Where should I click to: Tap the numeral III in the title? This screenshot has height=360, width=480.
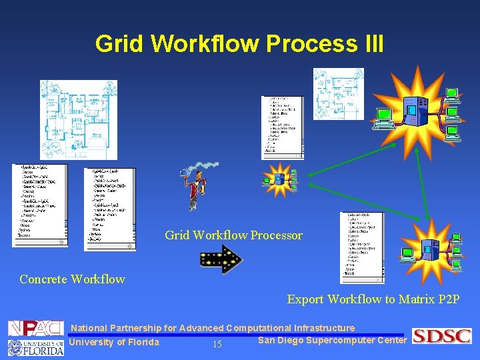[x=371, y=44]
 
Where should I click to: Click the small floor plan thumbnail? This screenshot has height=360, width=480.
[x=339, y=94]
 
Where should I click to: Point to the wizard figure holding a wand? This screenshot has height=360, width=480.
[x=196, y=187]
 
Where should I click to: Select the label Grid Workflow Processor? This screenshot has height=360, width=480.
[x=233, y=235]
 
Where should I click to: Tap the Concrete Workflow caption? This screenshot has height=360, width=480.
[x=72, y=279]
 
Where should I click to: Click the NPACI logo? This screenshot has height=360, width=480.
[x=35, y=329]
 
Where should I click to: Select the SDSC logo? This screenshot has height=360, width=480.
[x=441, y=336]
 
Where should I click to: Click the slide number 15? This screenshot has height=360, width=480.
[x=217, y=345]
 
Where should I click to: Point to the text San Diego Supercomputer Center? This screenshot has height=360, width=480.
[x=332, y=341]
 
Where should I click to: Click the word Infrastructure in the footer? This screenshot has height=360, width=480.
[x=323, y=328]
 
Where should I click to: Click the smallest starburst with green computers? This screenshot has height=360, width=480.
[x=280, y=179]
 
